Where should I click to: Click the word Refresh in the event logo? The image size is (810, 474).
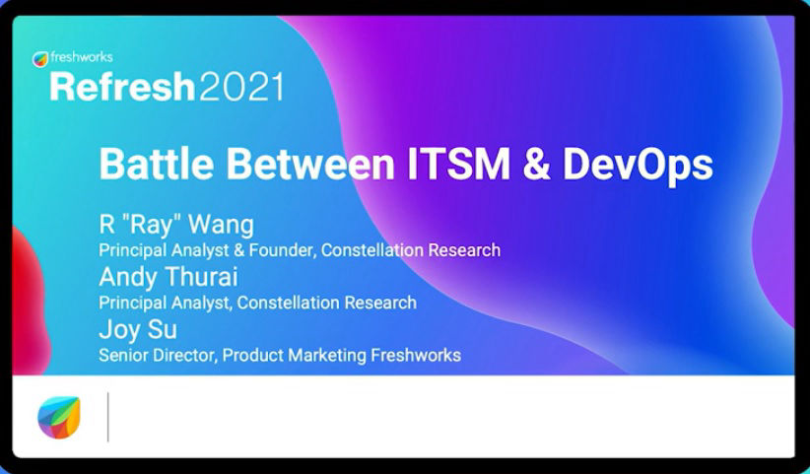point(122,86)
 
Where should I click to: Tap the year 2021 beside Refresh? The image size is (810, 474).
point(241,87)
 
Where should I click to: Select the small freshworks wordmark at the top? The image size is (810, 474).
point(82,57)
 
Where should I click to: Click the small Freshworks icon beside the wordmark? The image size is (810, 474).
point(39,59)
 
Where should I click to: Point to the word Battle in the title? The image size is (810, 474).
point(156,164)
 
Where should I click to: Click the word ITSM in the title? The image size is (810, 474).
point(458,164)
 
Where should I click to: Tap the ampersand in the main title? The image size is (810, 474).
point(536,164)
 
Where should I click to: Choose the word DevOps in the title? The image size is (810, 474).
point(638,167)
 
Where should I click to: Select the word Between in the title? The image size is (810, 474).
point(310,164)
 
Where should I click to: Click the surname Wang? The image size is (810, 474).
point(221,224)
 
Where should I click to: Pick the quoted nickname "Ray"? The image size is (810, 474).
point(151,225)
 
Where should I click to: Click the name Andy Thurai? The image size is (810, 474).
point(169,277)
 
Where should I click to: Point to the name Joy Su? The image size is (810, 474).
point(138,330)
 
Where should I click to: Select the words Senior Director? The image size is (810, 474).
point(158,355)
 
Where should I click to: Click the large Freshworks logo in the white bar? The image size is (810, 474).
point(59,417)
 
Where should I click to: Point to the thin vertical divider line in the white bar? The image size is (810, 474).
point(108,417)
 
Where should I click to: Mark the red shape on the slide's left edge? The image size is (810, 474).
point(30,300)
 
